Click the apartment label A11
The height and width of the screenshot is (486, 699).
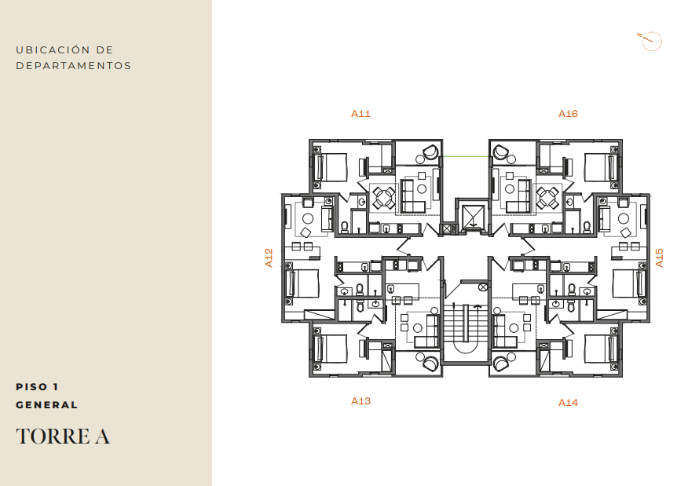(x=360, y=114)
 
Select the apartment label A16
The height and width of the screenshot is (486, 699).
(x=568, y=114)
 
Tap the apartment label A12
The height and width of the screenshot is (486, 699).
(x=269, y=258)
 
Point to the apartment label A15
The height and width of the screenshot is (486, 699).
(x=659, y=258)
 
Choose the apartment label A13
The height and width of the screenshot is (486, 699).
(x=360, y=401)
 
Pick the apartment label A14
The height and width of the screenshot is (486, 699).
(x=568, y=403)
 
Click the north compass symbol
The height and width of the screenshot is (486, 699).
(x=650, y=42)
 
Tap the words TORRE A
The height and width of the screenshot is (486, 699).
(x=63, y=436)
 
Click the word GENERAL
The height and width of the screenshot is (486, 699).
(x=47, y=405)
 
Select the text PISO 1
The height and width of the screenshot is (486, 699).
(x=37, y=386)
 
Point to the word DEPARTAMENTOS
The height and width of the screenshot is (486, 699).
(x=74, y=65)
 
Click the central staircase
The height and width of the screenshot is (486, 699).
(x=466, y=325)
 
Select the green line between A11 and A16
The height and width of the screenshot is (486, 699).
(x=466, y=156)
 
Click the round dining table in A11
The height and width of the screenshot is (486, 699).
(x=384, y=197)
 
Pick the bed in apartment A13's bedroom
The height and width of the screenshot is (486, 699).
(x=331, y=349)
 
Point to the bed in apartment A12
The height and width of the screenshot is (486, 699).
(x=303, y=283)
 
